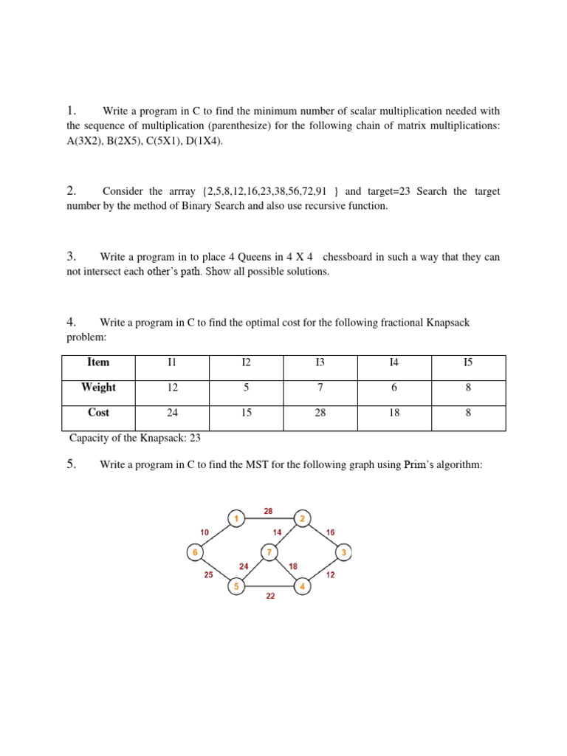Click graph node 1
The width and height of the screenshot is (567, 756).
[236, 518]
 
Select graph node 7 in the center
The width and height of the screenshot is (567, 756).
[269, 551]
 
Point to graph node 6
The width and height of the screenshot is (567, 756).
[195, 551]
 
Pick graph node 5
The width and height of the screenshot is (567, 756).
[236, 587]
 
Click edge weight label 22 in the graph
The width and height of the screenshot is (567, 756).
[270, 596]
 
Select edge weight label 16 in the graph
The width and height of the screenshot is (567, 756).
[330, 532]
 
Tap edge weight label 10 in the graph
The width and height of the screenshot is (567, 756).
[205, 532]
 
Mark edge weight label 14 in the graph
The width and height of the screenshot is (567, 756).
[276, 532]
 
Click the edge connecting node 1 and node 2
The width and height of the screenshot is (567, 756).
[269, 518]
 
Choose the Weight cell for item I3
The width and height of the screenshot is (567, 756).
[320, 388]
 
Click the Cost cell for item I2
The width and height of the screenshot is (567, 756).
[246, 413]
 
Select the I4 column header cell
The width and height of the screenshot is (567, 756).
[394, 362]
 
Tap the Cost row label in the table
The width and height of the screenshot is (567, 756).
[98, 413]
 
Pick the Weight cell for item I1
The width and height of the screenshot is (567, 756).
[172, 388]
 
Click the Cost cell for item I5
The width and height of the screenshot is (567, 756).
[468, 413]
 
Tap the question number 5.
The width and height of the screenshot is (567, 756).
[72, 465]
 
